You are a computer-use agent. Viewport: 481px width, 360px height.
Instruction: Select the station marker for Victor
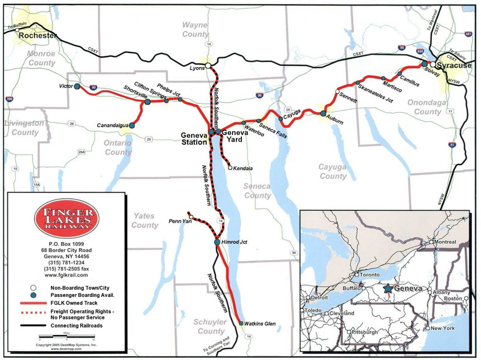tap(77, 87)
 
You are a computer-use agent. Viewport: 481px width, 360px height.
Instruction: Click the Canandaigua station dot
tap(132, 126)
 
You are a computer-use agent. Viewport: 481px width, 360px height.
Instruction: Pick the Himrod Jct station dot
tap(217, 242)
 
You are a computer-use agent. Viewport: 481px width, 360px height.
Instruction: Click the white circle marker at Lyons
tap(208, 66)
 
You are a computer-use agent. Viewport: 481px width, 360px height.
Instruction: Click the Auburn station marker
tap(323, 113)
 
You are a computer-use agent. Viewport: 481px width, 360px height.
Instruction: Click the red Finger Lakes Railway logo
tap(66, 218)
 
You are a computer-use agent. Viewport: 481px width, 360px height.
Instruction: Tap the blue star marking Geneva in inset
tap(387, 289)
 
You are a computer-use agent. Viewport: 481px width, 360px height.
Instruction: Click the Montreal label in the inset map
tap(447, 242)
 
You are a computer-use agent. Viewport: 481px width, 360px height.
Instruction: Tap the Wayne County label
tap(195, 29)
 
